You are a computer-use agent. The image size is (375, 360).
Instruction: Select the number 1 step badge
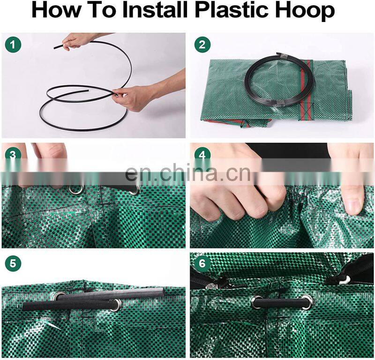[x=13, y=45]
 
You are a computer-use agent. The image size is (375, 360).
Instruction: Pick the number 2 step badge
[x=202, y=45]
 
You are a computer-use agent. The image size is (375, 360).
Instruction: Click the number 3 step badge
[x=13, y=156]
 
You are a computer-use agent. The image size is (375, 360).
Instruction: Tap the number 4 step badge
[x=202, y=156]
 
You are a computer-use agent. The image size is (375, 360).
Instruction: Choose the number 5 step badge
[x=13, y=263]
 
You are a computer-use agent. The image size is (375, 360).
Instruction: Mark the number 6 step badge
[x=202, y=263]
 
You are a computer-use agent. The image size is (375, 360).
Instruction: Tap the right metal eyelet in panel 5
[x=116, y=305]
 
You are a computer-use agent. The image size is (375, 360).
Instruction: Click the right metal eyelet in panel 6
[x=307, y=302]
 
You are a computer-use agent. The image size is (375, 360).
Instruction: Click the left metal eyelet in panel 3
[x=76, y=189]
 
